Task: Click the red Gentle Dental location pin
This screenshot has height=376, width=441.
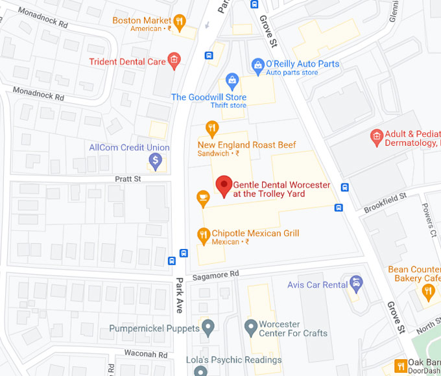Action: click(x=224, y=185)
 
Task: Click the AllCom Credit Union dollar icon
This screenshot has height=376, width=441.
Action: click(x=155, y=161)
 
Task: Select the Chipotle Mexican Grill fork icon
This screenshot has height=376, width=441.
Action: click(x=203, y=234)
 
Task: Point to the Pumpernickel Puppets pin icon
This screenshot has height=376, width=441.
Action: click(x=208, y=329)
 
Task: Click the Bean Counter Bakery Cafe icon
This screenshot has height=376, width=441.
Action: click(x=427, y=290)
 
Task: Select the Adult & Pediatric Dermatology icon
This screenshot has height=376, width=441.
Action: click(x=375, y=136)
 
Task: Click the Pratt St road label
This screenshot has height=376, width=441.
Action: click(x=128, y=178)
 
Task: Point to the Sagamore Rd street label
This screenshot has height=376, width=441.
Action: click(x=221, y=274)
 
